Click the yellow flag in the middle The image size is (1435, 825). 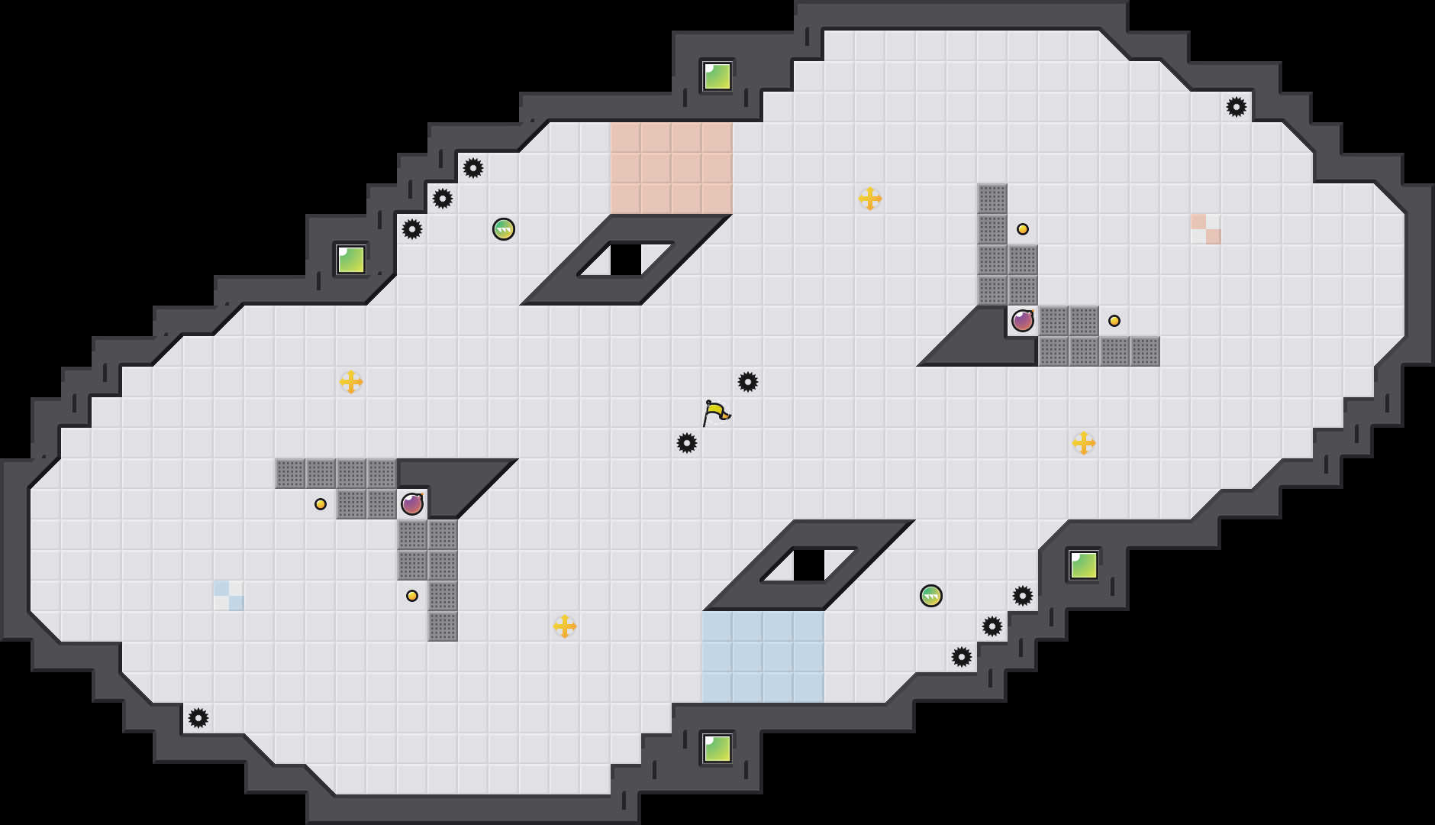point(715,413)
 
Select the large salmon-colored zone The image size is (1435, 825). point(671,167)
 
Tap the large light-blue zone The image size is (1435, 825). point(763,656)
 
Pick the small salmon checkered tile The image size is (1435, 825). point(1205,228)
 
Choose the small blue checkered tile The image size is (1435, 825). point(228,595)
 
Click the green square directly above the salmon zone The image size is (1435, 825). point(717,76)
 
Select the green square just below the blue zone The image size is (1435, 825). point(717,749)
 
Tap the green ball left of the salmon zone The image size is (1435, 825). point(504,229)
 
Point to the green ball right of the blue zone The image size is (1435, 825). point(931,596)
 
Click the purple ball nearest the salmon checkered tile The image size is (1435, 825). point(1023,321)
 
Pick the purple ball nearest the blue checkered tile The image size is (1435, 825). point(412,504)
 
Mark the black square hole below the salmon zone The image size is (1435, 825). point(626,260)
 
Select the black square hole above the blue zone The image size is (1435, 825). point(809,565)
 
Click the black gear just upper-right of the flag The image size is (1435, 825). point(748,382)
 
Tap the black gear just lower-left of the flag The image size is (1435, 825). point(687,443)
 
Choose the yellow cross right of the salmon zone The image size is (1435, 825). point(870,199)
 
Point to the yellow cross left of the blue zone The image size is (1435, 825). point(565,626)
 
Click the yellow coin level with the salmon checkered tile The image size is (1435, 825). point(1023,229)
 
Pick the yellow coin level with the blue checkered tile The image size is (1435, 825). point(412,596)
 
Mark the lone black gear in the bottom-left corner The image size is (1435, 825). point(198,718)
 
